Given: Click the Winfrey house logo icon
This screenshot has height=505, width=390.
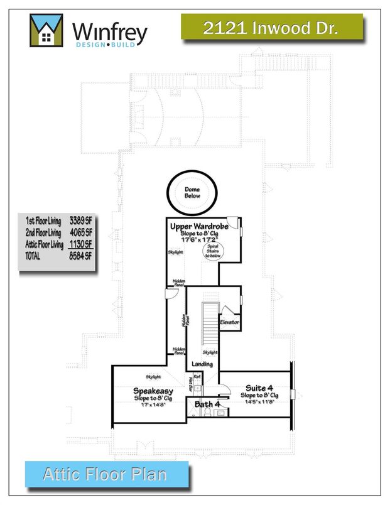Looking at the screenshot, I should [x=46, y=30].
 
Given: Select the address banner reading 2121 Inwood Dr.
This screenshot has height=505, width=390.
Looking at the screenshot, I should [x=271, y=28].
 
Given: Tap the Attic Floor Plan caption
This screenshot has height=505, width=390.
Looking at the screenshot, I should [x=107, y=474].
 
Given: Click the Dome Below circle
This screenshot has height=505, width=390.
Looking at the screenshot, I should [x=192, y=192].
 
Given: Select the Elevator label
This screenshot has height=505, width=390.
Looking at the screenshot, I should [x=229, y=322].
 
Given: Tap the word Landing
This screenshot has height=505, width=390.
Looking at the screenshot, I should [x=202, y=364].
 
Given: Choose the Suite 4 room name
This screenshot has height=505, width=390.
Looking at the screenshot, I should [x=259, y=388].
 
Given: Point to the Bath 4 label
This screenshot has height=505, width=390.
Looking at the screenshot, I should [x=207, y=404].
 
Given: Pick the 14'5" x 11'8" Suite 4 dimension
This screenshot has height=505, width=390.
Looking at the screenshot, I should [x=259, y=402].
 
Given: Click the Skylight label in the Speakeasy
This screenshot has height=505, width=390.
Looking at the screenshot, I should [x=153, y=377].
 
